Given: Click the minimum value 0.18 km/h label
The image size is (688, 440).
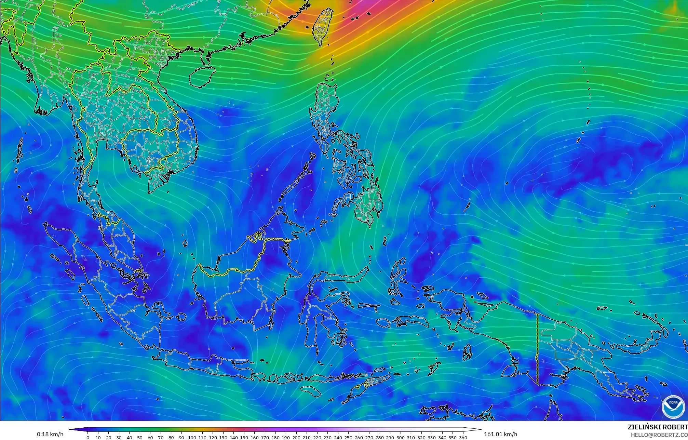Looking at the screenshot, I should click(x=50, y=434).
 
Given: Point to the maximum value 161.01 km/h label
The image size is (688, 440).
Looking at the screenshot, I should click(x=500, y=434).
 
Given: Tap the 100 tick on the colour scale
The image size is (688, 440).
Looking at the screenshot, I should click(x=192, y=438).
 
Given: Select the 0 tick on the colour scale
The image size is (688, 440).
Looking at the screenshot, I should click(x=88, y=438).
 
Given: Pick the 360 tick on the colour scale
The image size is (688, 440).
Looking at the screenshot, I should click(x=463, y=438).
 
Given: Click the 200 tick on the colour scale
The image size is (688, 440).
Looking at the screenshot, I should click(x=296, y=438).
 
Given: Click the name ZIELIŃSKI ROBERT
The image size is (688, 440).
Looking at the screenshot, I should click(x=658, y=427).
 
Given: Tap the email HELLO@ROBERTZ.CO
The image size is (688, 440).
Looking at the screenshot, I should click(x=659, y=435).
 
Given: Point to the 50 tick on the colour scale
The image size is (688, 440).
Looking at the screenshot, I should click(x=140, y=438).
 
